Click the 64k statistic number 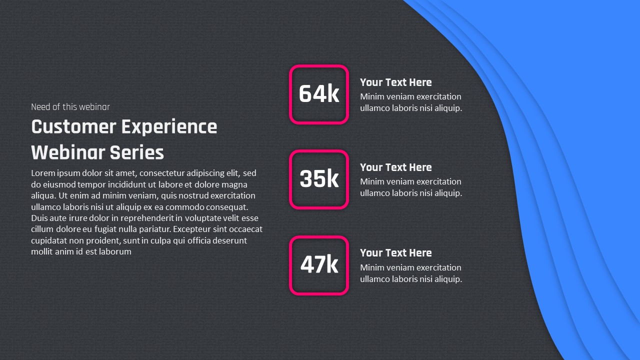point(319,94)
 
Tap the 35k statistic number point(319,179)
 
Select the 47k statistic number point(319,264)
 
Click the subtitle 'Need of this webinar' point(70,107)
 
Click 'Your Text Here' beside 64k point(395,82)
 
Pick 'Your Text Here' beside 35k point(395,167)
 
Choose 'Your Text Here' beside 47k point(395,253)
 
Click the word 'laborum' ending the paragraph point(115,252)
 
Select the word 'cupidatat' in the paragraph point(49,240)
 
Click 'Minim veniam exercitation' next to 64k point(410,96)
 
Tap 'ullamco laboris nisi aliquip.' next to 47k point(410,279)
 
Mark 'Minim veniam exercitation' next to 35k point(410,181)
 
